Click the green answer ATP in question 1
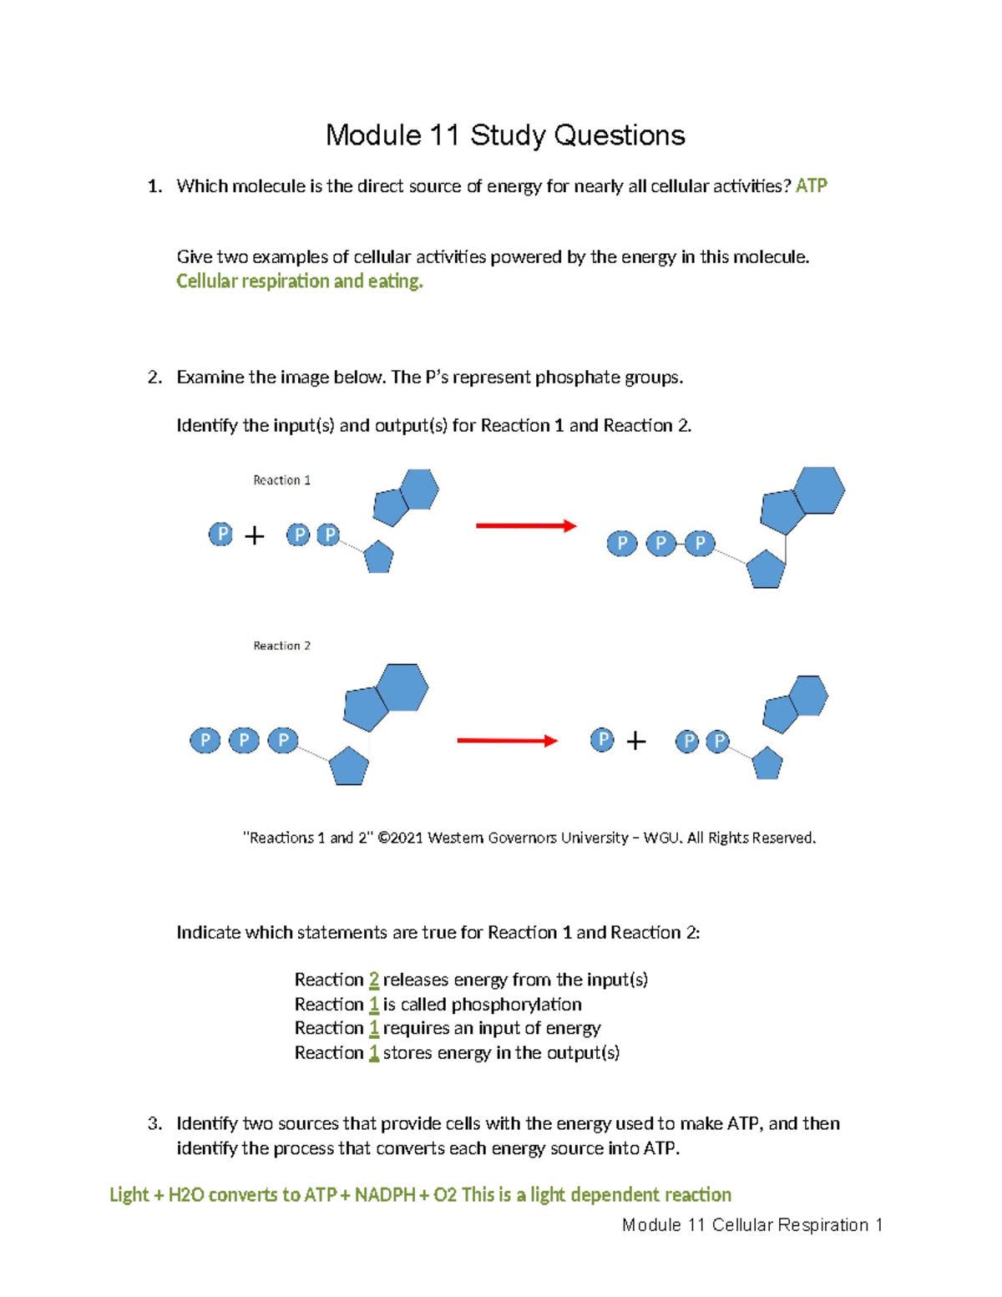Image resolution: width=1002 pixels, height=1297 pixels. click(x=811, y=185)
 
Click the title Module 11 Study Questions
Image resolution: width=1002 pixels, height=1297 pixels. click(x=505, y=135)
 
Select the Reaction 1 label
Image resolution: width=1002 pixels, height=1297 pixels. click(x=281, y=480)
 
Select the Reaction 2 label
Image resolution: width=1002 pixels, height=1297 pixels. click(x=281, y=646)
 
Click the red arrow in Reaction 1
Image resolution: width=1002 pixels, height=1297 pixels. click(x=526, y=525)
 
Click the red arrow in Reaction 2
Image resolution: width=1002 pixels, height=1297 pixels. click(x=507, y=741)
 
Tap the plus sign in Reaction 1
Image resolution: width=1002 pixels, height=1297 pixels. click(x=255, y=535)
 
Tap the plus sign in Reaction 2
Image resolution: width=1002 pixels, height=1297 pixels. click(x=636, y=741)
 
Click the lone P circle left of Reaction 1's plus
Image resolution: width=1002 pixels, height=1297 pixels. click(x=220, y=535)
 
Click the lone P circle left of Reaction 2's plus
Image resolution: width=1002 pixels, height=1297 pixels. click(x=602, y=739)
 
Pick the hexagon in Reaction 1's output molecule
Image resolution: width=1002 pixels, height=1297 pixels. click(x=819, y=490)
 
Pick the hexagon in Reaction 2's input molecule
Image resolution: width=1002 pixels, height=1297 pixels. click(x=402, y=687)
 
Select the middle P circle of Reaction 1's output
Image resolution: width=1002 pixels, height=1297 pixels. click(x=660, y=545)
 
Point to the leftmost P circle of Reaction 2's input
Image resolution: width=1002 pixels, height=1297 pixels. click(x=205, y=740)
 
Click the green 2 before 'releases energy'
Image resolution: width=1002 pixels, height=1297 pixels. click(x=374, y=980)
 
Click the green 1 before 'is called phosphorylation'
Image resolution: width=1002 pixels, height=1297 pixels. click(x=374, y=1004)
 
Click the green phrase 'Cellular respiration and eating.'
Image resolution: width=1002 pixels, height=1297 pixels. click(x=300, y=281)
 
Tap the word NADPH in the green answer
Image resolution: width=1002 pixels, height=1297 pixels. click(x=385, y=1194)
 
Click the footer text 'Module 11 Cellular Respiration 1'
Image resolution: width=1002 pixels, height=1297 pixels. click(x=752, y=1225)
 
